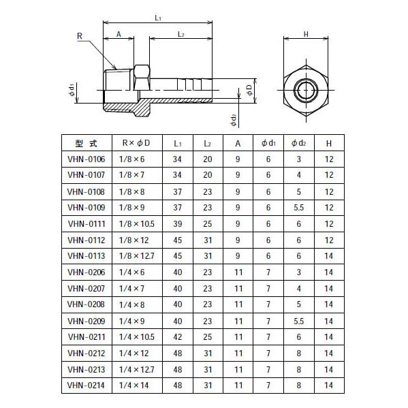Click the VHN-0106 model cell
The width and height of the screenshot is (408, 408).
(87, 159)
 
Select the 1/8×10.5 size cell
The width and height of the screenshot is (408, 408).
(138, 223)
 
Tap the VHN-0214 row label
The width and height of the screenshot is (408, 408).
(87, 384)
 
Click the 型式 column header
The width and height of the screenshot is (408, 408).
(87, 143)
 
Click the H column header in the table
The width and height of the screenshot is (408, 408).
(328, 143)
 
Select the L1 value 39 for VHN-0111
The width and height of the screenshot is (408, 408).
(178, 223)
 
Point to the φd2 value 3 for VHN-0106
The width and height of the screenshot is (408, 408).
(298, 159)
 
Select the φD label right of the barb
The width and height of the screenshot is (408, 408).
(249, 89)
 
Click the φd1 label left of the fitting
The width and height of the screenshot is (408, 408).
(71, 90)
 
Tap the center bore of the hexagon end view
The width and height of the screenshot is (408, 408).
(306, 90)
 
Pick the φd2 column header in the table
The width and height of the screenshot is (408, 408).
(298, 143)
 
